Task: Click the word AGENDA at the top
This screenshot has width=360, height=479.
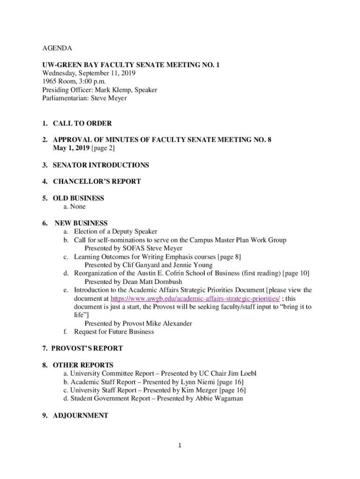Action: coord(58,48)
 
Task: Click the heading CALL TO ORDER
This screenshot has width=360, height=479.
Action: coord(82,123)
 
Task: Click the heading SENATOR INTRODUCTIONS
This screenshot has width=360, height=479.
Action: coord(101,165)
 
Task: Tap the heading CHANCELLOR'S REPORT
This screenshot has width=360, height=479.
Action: coord(97,181)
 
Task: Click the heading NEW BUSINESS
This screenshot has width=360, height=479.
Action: coord(81,223)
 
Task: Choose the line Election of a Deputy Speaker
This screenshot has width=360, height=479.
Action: coord(115,232)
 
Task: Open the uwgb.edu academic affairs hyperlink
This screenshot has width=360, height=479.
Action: coord(195,298)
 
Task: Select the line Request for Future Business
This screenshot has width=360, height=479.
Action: coord(114,332)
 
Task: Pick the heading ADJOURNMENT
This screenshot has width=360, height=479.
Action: coord(80,415)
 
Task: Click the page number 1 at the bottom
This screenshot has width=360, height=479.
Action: coord(180,445)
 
